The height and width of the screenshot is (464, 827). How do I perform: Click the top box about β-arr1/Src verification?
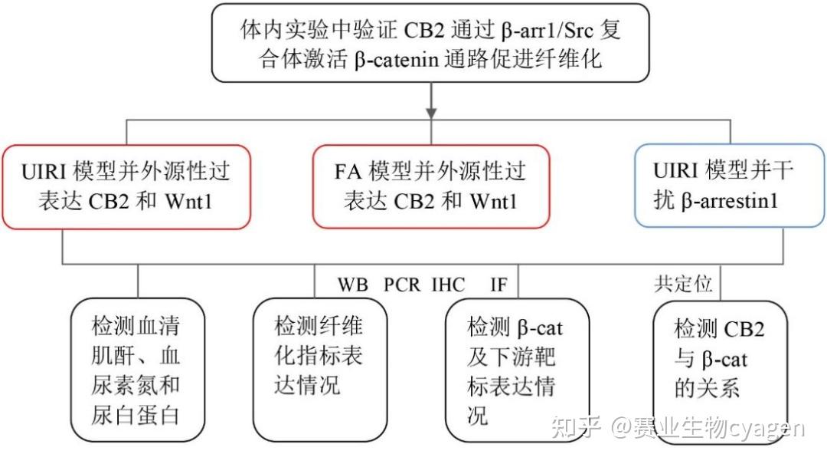pos(430,44)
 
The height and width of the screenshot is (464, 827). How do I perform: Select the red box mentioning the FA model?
pos(430,186)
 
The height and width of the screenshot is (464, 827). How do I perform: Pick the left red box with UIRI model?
pos(126,186)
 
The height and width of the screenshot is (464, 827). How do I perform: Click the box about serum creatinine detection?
pos(137,372)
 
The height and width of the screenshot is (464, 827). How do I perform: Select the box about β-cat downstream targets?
pos(517,371)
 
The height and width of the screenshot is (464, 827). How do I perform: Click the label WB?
pos(354,285)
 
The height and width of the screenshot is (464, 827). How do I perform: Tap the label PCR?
pos(402,285)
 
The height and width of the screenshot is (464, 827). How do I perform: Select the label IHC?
pos(448,285)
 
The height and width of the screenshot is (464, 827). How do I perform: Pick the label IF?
pos(498,285)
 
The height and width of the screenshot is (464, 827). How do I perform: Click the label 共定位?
pos(683,285)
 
